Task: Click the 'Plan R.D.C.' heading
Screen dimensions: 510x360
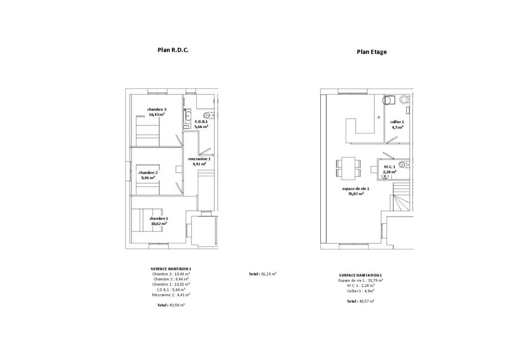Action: (x=173, y=50)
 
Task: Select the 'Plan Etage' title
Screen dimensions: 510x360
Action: (x=372, y=52)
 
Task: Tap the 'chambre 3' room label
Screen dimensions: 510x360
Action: (x=157, y=110)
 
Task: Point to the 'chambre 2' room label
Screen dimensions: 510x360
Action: (x=148, y=173)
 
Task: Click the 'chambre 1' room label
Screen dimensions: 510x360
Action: (x=159, y=219)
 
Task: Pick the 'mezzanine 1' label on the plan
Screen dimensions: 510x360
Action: (x=199, y=159)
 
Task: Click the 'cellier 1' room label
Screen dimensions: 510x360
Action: (x=397, y=122)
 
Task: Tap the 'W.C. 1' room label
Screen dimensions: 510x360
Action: (x=389, y=167)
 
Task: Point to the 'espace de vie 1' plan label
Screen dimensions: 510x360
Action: (x=356, y=189)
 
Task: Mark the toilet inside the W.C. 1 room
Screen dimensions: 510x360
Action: (x=403, y=164)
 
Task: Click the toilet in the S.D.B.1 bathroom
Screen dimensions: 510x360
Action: (x=207, y=115)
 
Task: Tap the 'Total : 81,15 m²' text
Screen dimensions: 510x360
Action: (x=262, y=274)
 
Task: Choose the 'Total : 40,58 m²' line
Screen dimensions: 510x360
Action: (x=171, y=305)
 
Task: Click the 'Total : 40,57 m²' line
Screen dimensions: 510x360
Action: (x=361, y=301)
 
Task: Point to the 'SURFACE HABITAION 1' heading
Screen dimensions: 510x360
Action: (x=171, y=269)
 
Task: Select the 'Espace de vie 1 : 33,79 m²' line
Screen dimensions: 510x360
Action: (x=361, y=280)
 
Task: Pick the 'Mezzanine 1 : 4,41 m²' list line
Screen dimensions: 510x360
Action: (x=171, y=295)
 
